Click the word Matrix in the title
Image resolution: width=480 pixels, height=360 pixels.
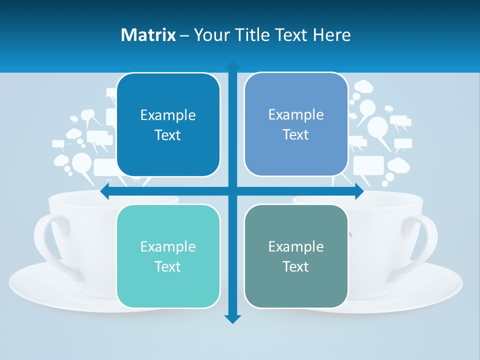point(148,35)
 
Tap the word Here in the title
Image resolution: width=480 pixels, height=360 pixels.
point(331,35)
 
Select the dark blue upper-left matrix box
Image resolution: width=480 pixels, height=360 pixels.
point(168,125)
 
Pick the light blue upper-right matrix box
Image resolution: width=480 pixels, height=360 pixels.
point(296,124)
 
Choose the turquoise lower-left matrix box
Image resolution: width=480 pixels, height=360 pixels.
point(168,256)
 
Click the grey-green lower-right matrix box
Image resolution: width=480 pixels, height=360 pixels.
point(296,256)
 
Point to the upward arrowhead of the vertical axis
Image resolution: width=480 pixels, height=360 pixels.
point(232,65)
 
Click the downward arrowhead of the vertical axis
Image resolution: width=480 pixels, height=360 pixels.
point(232,318)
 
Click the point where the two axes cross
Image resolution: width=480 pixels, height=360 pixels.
point(232,191)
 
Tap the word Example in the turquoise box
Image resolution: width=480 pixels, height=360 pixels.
point(168,246)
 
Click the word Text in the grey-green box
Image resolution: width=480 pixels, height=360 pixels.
point(296,266)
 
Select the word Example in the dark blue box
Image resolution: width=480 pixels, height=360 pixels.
point(168,115)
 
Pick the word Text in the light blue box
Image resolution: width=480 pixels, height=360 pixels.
point(296,134)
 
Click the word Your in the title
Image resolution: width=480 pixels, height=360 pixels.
point(211,35)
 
